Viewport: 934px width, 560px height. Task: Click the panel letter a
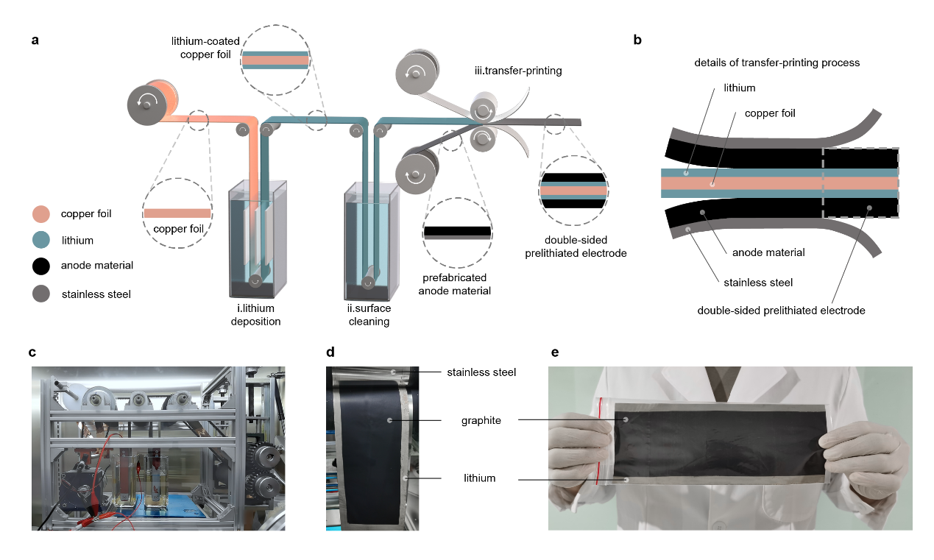(35, 40)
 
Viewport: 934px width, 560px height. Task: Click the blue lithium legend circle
(42, 240)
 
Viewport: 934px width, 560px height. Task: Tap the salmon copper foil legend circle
(42, 215)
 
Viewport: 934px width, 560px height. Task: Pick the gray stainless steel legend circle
(42, 294)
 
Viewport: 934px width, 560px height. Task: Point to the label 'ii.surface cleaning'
(369, 315)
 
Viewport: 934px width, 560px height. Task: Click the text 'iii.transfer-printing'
(517, 71)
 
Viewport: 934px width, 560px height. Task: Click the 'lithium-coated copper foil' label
(201, 49)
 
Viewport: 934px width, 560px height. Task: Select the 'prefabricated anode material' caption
(457, 285)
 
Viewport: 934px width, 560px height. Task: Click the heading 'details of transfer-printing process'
(776, 63)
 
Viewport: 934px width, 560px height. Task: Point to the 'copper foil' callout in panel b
(769, 113)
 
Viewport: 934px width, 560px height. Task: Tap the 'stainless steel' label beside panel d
(481, 372)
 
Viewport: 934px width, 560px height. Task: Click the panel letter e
(554, 352)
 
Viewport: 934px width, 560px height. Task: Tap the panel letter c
(32, 352)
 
